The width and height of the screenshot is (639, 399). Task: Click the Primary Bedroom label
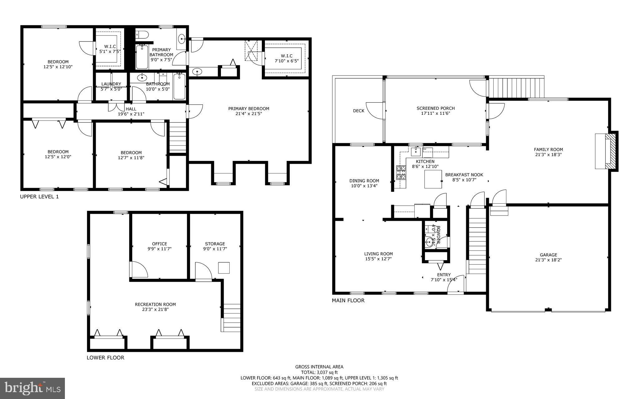coord(248,109)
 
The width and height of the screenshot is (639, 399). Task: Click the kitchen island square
coord(433,179)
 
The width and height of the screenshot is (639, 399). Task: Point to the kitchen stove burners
coord(401,173)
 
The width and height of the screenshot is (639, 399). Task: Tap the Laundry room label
coord(111,84)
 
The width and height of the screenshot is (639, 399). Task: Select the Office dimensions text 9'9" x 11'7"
coord(159,249)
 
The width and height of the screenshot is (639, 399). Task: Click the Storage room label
coord(215,244)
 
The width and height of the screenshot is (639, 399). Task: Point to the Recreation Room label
coord(155,304)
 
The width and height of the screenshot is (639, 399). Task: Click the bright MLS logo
coord(32,388)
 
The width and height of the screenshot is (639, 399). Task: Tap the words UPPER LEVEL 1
coord(39,197)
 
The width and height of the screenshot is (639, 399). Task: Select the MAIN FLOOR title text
coord(348,300)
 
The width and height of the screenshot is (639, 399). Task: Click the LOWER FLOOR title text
coord(105,358)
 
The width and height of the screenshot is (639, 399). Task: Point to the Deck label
coord(359,111)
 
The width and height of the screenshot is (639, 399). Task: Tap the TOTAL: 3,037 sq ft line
coord(319,372)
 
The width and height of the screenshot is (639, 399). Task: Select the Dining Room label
coord(364,181)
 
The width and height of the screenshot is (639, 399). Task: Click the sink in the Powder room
coord(431,241)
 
